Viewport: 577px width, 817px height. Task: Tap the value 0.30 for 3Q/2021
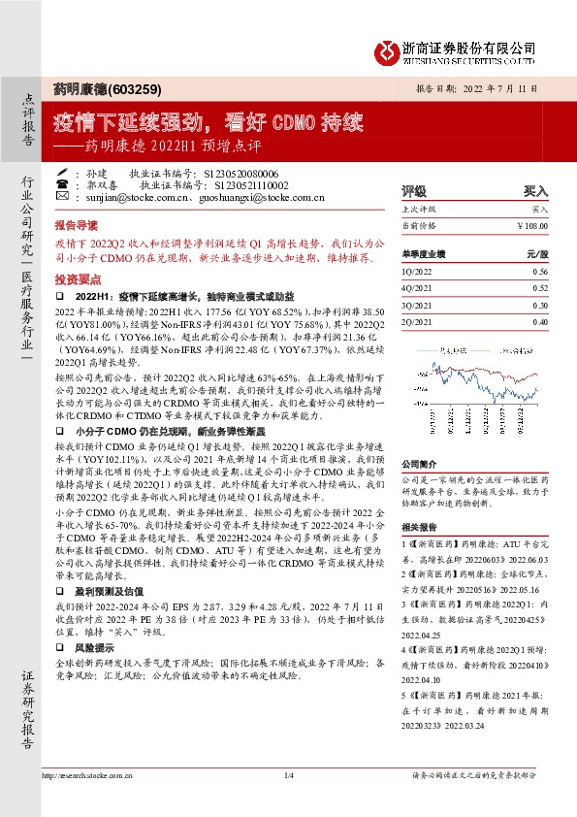[x=539, y=305]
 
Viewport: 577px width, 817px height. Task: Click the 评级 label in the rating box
[x=414, y=191]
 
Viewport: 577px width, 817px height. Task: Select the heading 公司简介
[x=418, y=464]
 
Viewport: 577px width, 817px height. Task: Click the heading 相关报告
[x=418, y=525]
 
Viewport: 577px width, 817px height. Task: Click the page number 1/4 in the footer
[x=288, y=775]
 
